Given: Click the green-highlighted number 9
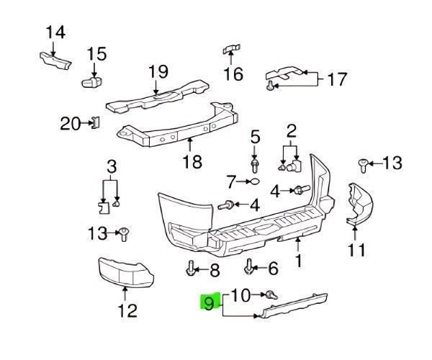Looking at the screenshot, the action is coord(209,304).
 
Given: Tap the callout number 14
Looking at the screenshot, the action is coord(55,32).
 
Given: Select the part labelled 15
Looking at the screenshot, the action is coord(91,82).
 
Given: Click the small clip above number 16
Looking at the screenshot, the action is coord(231,49).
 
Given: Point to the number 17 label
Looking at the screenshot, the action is coord(337,79).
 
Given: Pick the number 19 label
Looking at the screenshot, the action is coord(158,71).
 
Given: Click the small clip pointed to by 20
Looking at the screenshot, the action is coord(96,122).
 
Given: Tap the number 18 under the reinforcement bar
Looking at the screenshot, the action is coord(192,161).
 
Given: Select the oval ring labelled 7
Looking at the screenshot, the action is coord(255,181).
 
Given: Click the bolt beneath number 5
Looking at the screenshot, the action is coord(255,166).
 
